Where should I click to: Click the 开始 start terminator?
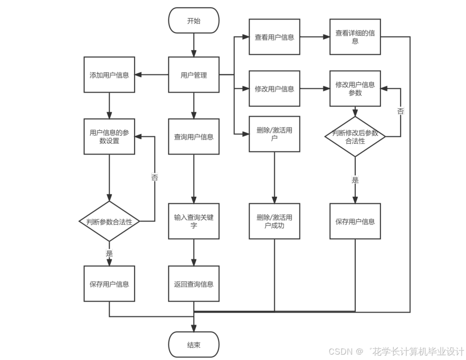(x=194, y=20)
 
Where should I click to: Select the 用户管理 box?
(x=194, y=75)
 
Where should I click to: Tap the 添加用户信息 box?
(x=109, y=75)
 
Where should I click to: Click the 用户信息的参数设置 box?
(x=109, y=137)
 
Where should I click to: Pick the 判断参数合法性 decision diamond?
(x=109, y=222)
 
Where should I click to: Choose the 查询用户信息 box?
(x=194, y=137)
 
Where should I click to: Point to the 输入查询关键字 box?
(x=194, y=221)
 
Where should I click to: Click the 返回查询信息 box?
(x=194, y=284)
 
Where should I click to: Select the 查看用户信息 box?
(x=274, y=37)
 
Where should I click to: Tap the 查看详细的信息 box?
(x=355, y=37)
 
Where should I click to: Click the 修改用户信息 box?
(x=274, y=88)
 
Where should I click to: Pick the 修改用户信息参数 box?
(x=355, y=88)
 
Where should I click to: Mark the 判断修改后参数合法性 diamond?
(x=355, y=137)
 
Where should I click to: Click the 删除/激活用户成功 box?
(x=274, y=221)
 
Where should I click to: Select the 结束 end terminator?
(x=194, y=344)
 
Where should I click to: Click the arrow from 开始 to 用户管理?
(x=194, y=45)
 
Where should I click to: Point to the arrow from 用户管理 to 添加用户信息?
(x=151, y=75)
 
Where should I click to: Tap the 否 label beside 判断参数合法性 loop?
(x=155, y=178)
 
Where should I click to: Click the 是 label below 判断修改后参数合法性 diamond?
(x=355, y=180)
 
